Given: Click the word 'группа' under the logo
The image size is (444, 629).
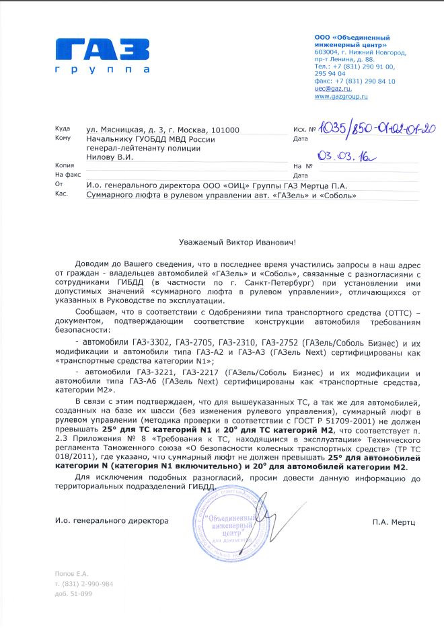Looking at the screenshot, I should point(103,70).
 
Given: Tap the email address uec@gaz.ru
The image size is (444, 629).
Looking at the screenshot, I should point(333,89).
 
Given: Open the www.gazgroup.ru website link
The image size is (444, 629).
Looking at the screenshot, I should point(341,97).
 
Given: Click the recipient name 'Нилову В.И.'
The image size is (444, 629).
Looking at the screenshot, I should point(110,157).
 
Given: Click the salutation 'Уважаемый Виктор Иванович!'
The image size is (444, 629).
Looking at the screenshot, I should point(221,240).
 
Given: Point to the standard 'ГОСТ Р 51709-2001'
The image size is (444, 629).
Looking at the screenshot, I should point(295,417).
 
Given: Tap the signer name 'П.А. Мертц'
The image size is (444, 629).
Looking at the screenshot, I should point(394,521).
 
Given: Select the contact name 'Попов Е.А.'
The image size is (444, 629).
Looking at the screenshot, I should point(72,573).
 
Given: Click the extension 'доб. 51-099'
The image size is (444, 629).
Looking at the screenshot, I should point(74,594).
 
